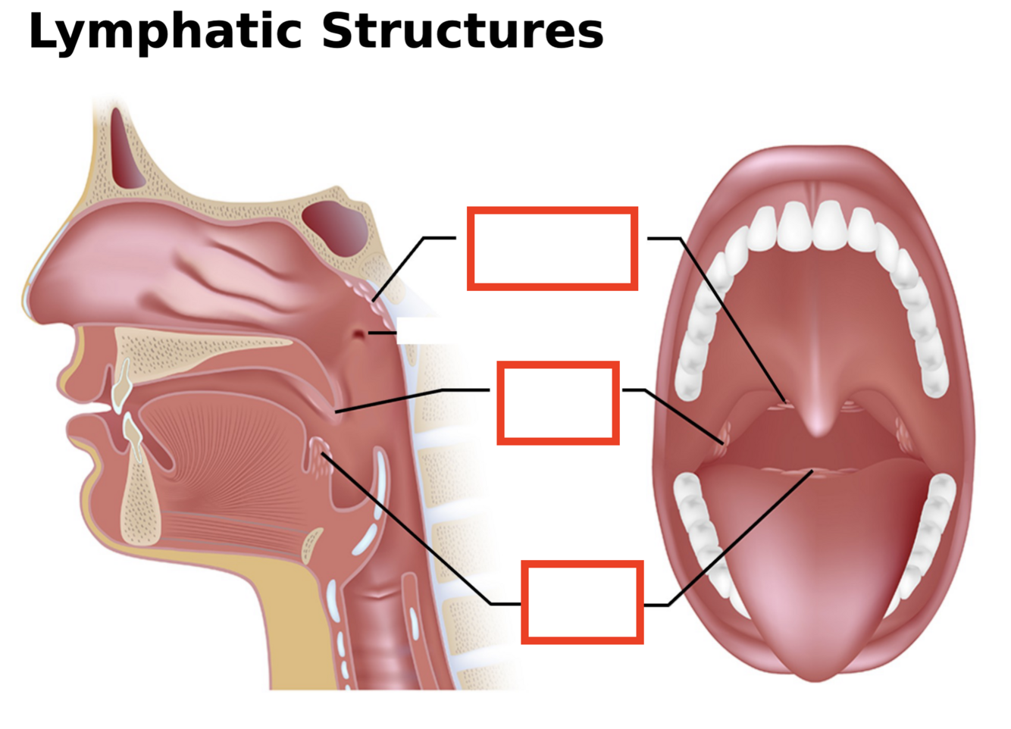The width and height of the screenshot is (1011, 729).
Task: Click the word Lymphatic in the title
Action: click(165, 33)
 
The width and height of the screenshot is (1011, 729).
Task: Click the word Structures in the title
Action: click(462, 32)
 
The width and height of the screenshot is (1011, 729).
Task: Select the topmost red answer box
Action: click(552, 249)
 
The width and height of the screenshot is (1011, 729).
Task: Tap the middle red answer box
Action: click(558, 403)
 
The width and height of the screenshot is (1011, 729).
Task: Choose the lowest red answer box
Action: click(582, 602)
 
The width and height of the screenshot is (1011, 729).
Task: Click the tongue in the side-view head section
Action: click(227, 455)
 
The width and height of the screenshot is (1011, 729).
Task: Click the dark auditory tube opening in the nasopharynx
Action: click(358, 333)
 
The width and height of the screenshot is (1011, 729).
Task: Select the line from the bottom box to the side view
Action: click(409, 530)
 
